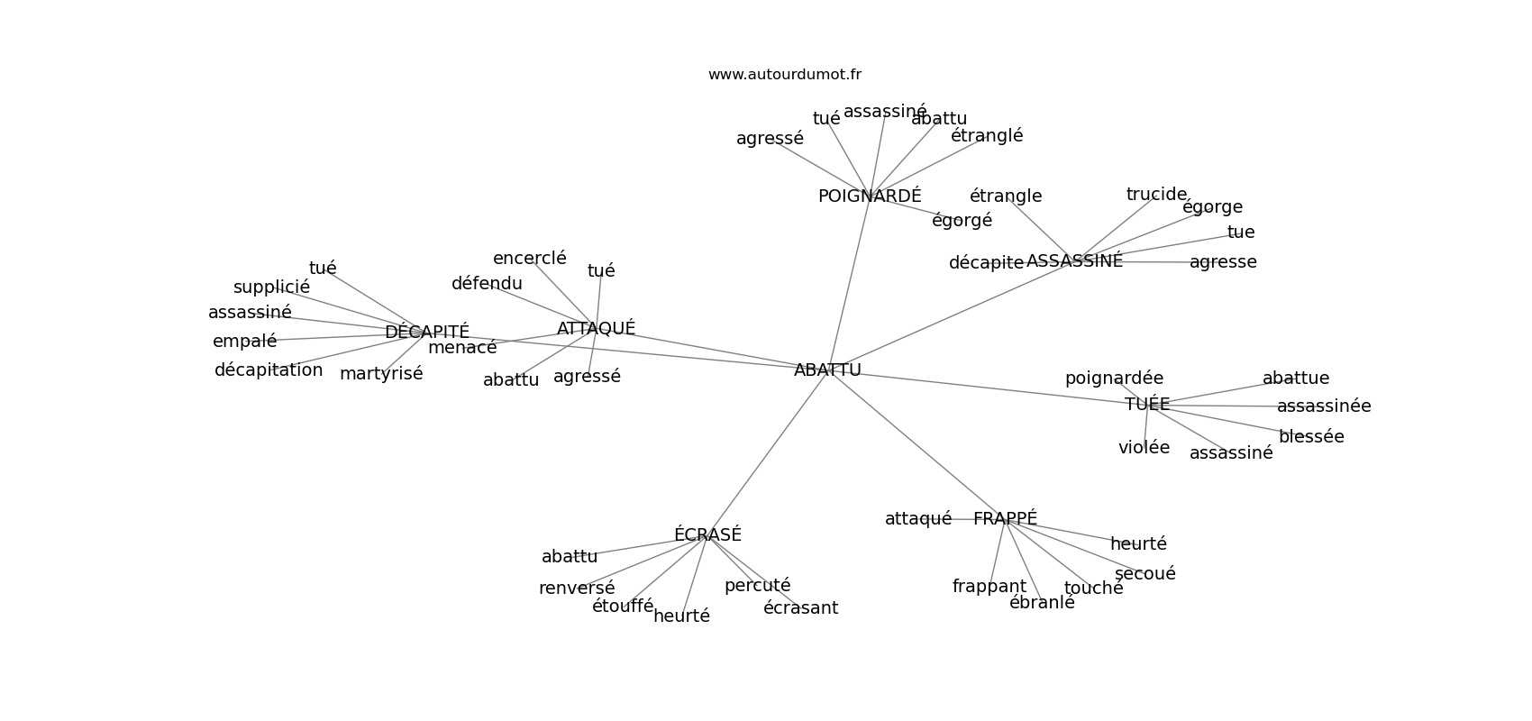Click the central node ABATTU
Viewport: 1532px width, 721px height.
[827, 370]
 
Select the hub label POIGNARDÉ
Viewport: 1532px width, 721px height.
[870, 196]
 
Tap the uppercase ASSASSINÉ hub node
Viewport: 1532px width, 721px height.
[1074, 261]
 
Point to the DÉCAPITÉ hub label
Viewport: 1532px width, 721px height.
[427, 332]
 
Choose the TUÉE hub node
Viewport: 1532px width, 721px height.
[1147, 405]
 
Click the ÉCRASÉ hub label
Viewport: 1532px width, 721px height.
[707, 534]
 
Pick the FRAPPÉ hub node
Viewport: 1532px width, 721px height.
[1005, 518]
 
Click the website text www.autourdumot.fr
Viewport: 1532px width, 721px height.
[784, 75]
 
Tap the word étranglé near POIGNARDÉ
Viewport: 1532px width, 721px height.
[987, 136]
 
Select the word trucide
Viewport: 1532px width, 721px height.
[1156, 195]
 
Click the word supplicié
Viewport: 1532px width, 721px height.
[271, 287]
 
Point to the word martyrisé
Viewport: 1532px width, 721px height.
[381, 374]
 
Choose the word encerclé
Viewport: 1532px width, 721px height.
[530, 259]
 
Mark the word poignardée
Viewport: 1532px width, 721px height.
[1114, 379]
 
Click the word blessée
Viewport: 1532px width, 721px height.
[1311, 437]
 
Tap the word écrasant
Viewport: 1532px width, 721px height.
[800, 608]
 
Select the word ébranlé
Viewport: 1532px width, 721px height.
[1042, 603]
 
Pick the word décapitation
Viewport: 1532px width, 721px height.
[269, 370]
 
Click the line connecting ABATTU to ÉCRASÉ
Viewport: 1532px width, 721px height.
[766, 453]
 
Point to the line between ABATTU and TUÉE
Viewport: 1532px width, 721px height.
[982, 387]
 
